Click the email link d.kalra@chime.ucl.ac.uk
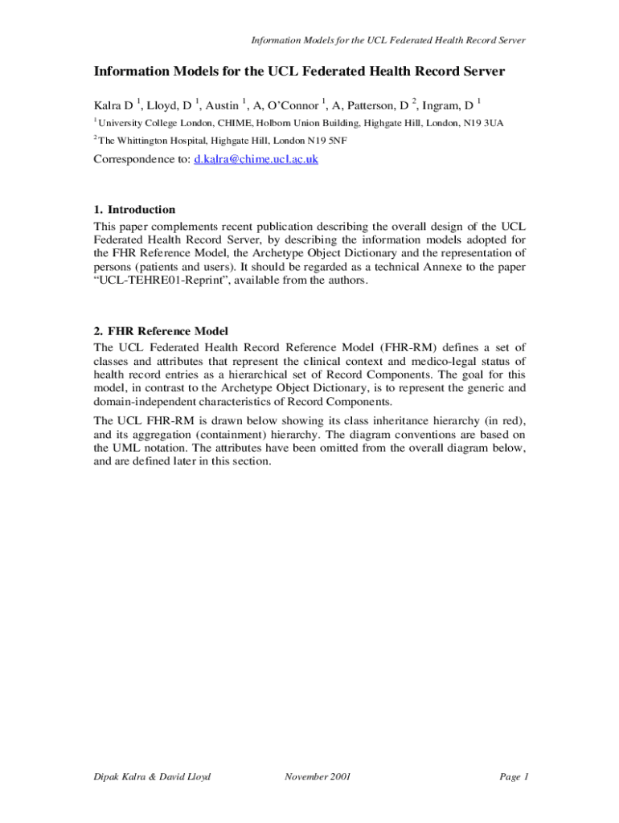coord(256,159)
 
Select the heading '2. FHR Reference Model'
coord(162,331)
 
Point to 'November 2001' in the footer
coord(318,776)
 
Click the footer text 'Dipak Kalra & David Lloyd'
coord(152,776)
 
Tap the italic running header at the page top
coord(389,40)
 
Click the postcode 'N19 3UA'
coord(484,123)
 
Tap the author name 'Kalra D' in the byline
coord(113,104)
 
